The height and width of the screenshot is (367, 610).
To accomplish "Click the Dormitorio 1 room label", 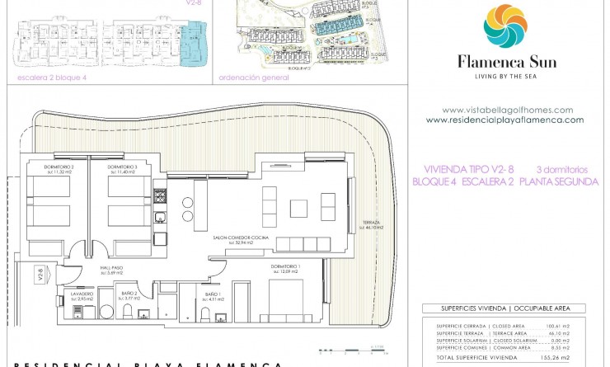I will click(x=286, y=268).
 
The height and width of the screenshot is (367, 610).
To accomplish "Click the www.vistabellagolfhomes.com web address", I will click(x=507, y=110).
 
